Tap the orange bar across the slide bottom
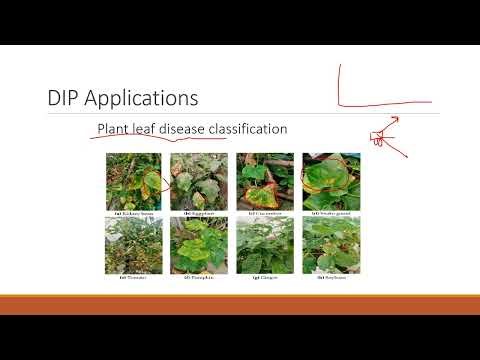(x=240, y=304)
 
